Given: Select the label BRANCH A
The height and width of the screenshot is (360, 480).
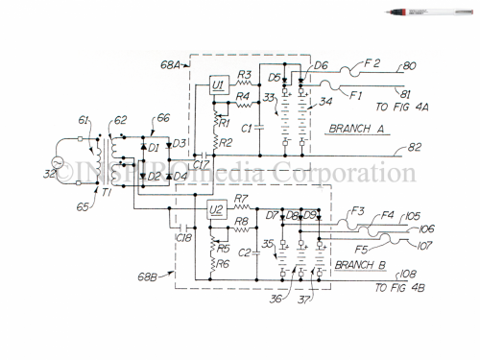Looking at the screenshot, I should tap(357, 127).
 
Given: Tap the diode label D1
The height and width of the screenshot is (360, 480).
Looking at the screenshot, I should tap(154, 147).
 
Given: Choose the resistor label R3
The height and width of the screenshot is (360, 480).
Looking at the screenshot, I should tap(244, 75).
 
